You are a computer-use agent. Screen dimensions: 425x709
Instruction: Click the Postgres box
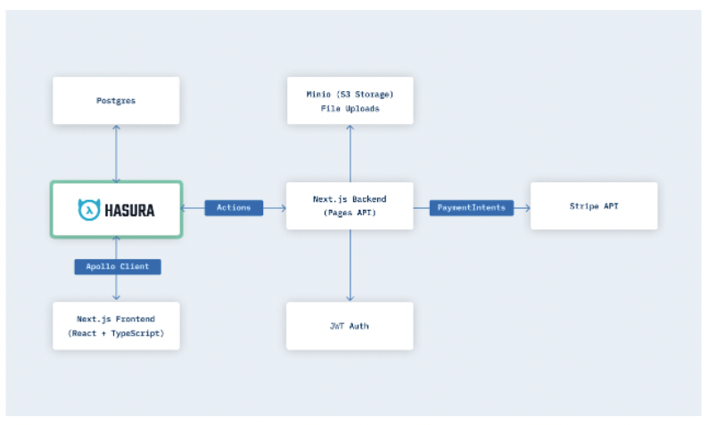116,100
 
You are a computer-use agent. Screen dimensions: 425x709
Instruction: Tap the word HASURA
129,210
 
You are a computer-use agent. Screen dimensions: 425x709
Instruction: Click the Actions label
234,208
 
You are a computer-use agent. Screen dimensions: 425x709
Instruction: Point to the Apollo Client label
117,266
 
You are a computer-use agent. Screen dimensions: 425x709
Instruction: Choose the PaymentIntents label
471,208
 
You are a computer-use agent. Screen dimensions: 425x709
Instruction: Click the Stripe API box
594,206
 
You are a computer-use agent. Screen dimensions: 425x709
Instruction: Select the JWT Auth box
350,326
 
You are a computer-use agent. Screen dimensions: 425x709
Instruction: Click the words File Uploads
350,108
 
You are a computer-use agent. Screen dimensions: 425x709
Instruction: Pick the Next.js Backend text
350,198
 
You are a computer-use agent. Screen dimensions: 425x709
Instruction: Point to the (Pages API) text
350,214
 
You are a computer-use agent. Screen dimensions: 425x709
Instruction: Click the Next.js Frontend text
116,318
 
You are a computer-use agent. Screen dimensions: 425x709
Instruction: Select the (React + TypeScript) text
116,334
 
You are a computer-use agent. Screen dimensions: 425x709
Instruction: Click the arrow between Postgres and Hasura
116,153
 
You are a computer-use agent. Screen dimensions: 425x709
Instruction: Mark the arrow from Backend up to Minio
350,153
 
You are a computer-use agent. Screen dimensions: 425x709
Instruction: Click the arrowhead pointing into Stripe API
527,208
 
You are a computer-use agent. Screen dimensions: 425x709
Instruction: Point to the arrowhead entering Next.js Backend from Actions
283,208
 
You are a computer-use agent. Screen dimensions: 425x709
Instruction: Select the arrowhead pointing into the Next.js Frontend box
117,298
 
